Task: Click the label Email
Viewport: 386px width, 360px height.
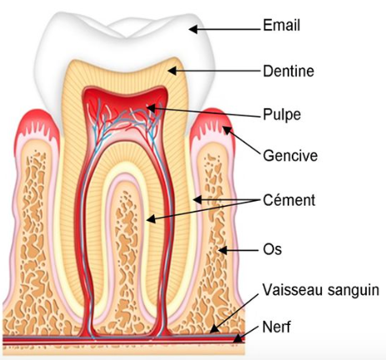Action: pos(282,25)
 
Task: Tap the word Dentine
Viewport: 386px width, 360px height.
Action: pos(288,71)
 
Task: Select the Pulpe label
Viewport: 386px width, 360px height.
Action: pos(282,115)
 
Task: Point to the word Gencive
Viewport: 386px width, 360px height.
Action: pos(290,156)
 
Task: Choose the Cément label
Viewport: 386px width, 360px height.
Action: pos(289,200)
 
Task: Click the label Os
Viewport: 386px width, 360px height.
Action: pos(272,249)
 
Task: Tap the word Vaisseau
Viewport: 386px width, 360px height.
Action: pos(293,290)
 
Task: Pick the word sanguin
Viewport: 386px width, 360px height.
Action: pos(353,291)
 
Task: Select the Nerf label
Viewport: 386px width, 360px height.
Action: pos(277,327)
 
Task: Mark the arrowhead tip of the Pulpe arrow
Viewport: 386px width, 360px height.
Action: pos(147,107)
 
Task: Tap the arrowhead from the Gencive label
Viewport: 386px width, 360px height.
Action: pos(223,127)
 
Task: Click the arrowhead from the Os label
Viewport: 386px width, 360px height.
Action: pos(218,251)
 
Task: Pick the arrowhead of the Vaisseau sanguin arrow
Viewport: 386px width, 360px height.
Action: pos(210,332)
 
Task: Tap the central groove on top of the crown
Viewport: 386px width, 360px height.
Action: pos(127,36)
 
